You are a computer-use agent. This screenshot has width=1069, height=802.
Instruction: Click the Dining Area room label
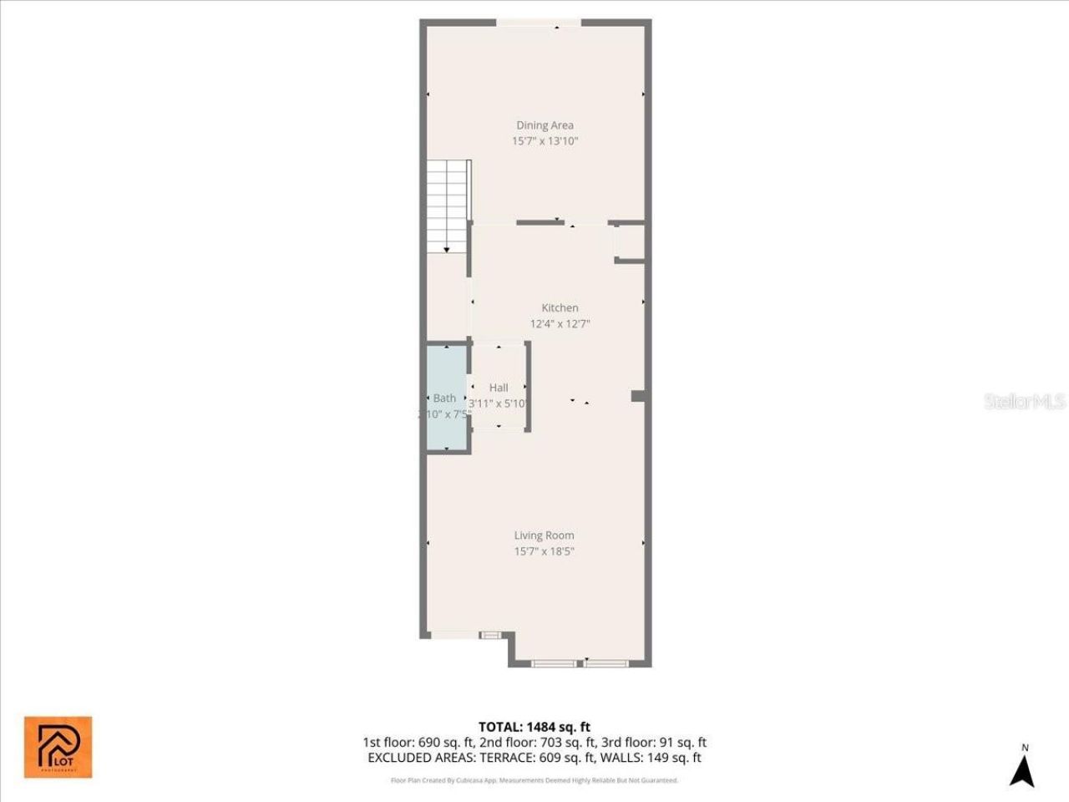pyautogui.click(x=545, y=125)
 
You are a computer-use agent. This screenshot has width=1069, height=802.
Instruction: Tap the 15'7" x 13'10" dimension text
pyautogui.click(x=545, y=141)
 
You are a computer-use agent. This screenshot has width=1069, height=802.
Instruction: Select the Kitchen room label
pyautogui.click(x=560, y=307)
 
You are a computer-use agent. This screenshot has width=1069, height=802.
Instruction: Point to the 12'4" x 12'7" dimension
pyautogui.click(x=560, y=323)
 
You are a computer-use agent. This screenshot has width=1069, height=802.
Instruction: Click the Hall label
pyautogui.click(x=499, y=388)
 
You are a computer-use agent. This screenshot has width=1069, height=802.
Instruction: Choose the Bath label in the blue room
pyautogui.click(x=444, y=398)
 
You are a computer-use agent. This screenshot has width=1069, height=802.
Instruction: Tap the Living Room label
pyautogui.click(x=544, y=536)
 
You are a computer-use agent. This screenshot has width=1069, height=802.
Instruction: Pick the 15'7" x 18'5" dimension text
pyautogui.click(x=544, y=551)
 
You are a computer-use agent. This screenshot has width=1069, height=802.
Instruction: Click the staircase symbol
pyautogui.click(x=448, y=205)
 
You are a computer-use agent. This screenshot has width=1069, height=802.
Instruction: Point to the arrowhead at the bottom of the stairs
pyautogui.click(x=447, y=249)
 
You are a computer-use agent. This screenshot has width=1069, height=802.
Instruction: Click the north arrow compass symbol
pyautogui.click(x=1022, y=770)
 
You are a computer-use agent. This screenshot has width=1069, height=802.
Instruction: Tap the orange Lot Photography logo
pyautogui.click(x=58, y=747)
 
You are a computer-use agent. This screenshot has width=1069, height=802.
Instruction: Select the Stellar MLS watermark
pyautogui.click(x=1025, y=402)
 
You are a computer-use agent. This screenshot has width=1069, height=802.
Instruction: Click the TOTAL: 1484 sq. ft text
pyautogui.click(x=534, y=727)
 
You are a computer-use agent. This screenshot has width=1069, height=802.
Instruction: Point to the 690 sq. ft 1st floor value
pyautogui.click(x=447, y=742)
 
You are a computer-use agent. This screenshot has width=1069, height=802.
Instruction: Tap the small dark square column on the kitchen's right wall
pyautogui.click(x=638, y=396)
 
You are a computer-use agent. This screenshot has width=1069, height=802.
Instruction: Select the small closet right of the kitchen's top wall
pyautogui.click(x=630, y=242)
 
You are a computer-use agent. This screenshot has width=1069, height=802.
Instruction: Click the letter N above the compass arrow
pyautogui.click(x=1025, y=748)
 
